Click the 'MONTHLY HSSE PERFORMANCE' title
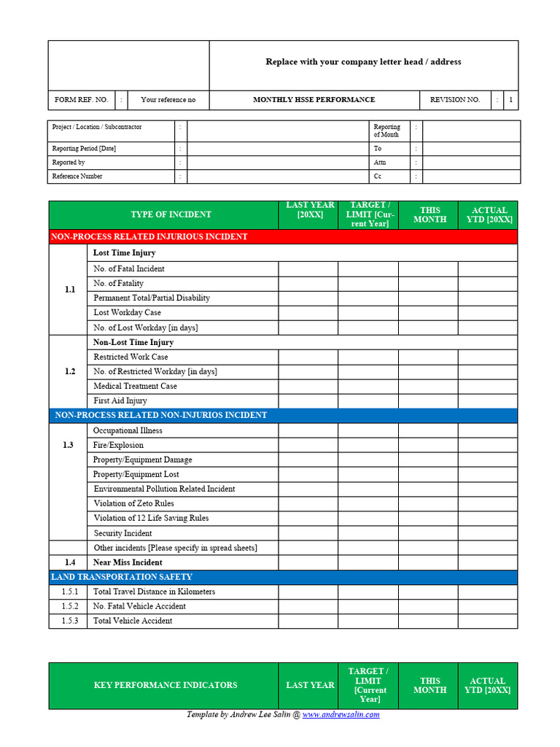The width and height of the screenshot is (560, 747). click(314, 100)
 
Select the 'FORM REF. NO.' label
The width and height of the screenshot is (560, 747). click(81, 100)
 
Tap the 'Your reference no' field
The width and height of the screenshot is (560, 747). click(168, 100)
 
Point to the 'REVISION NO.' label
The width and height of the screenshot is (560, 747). click(455, 100)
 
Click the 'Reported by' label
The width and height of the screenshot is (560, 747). click(69, 163)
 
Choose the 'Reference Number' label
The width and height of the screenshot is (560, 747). click(77, 177)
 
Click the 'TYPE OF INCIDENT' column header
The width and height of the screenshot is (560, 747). click(171, 214)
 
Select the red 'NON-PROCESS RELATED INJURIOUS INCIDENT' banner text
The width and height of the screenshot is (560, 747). click(149, 237)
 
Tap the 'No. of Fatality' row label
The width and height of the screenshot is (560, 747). click(118, 283)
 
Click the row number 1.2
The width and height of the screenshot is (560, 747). click(69, 371)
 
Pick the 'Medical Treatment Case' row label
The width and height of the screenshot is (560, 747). click(135, 386)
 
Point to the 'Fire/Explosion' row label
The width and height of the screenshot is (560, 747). click(118, 445)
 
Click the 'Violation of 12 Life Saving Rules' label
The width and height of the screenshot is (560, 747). click(151, 518)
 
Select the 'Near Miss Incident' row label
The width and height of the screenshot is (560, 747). click(128, 562)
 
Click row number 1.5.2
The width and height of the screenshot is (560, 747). click(69, 606)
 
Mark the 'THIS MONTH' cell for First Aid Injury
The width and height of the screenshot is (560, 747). click(428, 400)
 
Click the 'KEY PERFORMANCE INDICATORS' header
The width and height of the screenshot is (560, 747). click(166, 685)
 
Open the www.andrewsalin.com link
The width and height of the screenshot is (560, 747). click(341, 715)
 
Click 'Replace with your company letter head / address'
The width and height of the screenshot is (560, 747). click(363, 62)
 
